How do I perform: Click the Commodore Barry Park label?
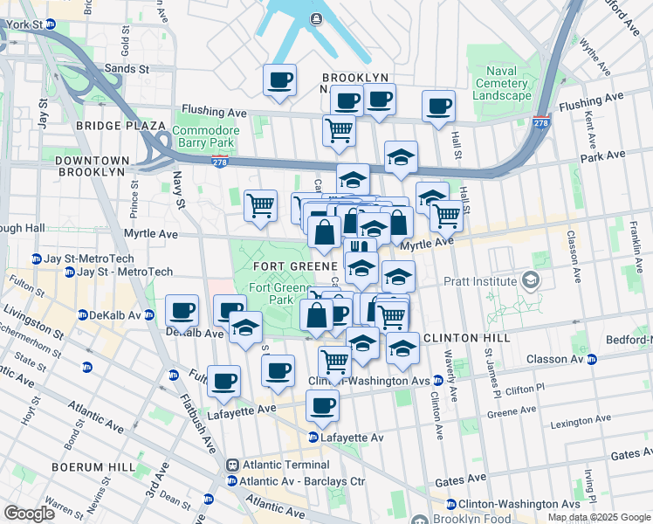point(205,136)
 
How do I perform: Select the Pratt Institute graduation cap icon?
point(529,280)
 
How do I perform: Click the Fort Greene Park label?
point(270,293)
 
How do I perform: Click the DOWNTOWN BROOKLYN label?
point(92,166)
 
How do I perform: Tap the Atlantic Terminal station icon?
point(233,465)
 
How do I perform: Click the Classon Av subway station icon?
point(592,359)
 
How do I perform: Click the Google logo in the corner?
point(29,514)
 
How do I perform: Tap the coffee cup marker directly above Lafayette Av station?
point(323,405)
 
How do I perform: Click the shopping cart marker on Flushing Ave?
point(338,130)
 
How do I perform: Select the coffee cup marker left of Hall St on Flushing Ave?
point(438,106)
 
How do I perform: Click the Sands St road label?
point(127,68)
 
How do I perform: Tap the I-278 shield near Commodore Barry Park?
point(221,161)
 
